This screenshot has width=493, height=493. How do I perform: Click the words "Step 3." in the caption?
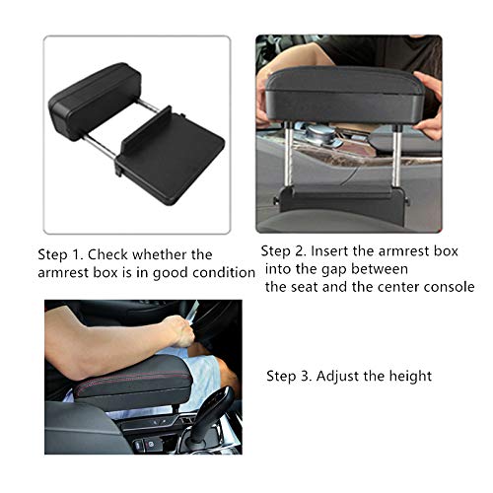click(x=289, y=376)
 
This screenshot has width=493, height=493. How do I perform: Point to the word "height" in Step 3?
click(x=411, y=377)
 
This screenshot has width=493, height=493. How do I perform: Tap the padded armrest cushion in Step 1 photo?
click(x=95, y=102)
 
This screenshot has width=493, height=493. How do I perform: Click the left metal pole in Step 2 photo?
click(x=288, y=155)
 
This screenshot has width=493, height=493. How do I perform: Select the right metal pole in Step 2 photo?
click(x=397, y=157)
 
